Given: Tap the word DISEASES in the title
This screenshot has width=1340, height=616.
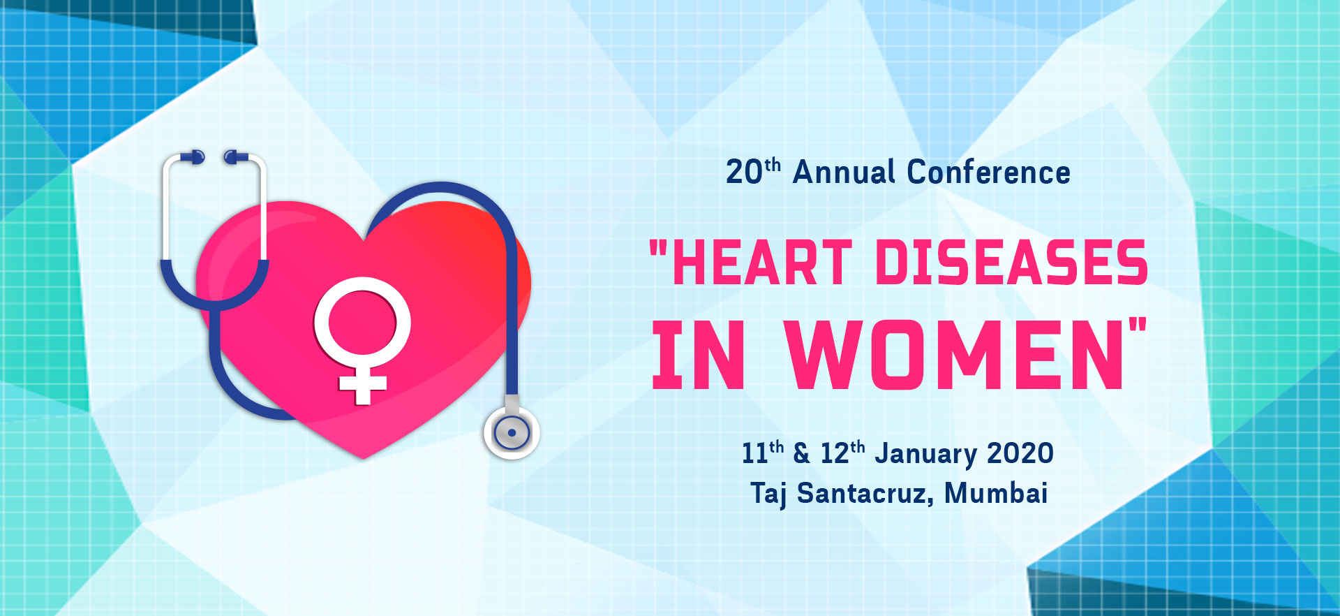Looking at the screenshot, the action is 1011,263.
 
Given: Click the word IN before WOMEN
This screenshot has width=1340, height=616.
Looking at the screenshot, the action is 698,355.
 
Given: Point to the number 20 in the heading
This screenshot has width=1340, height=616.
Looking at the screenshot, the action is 744,173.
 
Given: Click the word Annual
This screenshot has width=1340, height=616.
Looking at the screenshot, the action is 844,172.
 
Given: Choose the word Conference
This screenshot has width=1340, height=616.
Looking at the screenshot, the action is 988,172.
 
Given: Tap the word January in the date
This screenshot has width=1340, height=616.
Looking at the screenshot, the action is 925,454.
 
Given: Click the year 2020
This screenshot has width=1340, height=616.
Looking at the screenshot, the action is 1020,453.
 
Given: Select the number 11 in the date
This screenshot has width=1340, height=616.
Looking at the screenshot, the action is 754,453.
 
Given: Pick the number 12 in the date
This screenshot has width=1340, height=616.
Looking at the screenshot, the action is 834,453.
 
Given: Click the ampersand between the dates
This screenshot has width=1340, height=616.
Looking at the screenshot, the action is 802,454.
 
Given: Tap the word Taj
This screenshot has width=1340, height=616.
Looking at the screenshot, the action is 768,494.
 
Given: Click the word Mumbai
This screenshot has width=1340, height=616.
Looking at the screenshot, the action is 996,493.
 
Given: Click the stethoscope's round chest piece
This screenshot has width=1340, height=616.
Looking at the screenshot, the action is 512,433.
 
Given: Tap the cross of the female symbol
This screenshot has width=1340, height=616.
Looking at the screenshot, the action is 362,383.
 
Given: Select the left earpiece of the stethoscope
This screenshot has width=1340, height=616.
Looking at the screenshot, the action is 193,157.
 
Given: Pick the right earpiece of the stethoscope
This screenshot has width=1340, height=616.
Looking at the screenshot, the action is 235,157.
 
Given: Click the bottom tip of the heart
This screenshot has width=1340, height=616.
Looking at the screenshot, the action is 363,459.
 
